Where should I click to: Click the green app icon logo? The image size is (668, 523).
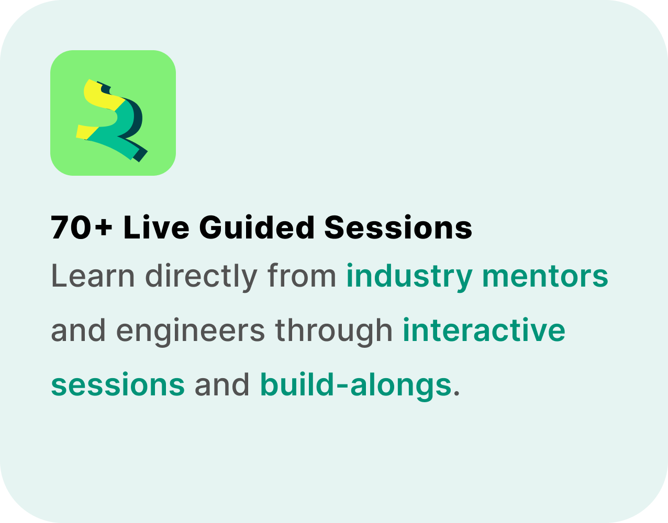click(x=113, y=113)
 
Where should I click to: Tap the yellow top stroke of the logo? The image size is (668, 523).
click(x=102, y=95)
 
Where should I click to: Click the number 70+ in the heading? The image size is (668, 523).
click(x=82, y=228)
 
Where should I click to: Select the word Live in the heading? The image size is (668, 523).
click(x=156, y=227)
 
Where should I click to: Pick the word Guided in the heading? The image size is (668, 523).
click(x=257, y=227)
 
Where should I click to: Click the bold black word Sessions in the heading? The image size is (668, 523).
click(x=398, y=227)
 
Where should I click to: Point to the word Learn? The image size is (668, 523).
click(x=93, y=276)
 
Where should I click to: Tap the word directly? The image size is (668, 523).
click(x=201, y=277)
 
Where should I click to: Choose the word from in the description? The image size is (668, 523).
click(x=302, y=276)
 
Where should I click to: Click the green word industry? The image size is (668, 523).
click(x=409, y=277)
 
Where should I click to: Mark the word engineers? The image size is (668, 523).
click(x=190, y=332)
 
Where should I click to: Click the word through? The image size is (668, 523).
click(x=333, y=332)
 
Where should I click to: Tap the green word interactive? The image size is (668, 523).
click(x=484, y=330)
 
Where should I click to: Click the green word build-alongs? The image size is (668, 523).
click(x=355, y=386)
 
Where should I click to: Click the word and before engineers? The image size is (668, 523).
click(x=78, y=330)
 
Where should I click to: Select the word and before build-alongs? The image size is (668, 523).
click(x=221, y=384)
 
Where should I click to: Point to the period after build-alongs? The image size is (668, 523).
click(x=456, y=394)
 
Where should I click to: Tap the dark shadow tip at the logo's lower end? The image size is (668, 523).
click(x=140, y=156)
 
